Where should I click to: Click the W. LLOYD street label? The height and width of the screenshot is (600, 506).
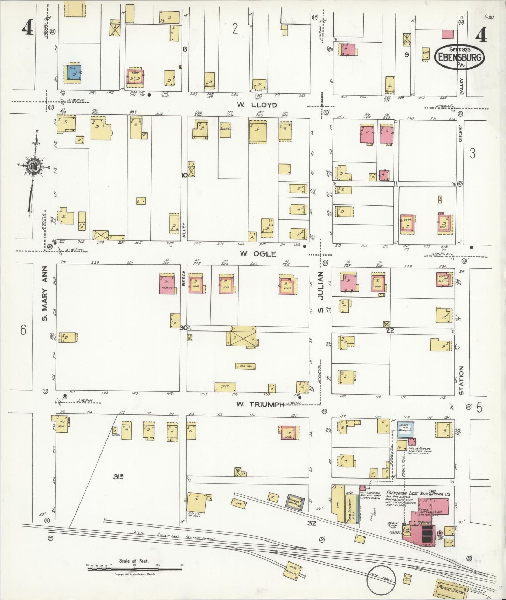(x=257, y=105)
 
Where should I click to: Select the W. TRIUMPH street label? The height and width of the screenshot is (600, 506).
(x=259, y=404)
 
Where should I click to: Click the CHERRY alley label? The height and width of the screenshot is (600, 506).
(x=460, y=133)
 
